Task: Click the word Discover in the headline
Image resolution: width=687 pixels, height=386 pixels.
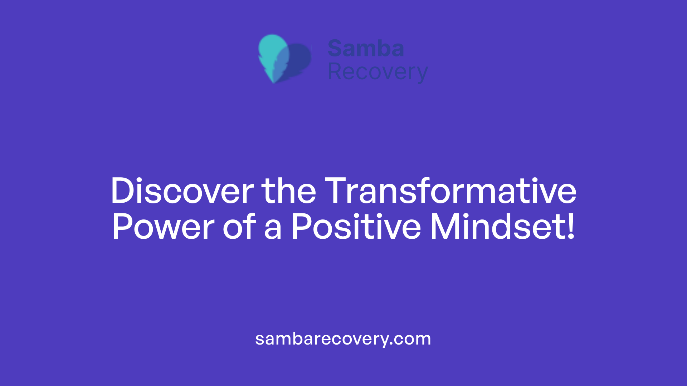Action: (x=182, y=191)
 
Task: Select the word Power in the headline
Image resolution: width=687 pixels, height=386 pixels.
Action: (x=163, y=227)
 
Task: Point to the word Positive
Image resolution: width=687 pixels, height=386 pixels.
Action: (x=356, y=227)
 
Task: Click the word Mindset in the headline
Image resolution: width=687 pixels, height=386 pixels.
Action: (x=497, y=227)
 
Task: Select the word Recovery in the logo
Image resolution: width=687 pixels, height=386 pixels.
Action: (x=377, y=72)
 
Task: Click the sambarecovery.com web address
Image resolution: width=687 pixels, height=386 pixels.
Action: (x=343, y=339)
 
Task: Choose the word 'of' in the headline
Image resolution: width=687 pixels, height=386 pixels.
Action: (x=239, y=227)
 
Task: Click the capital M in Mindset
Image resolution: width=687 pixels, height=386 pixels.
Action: (x=445, y=227)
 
